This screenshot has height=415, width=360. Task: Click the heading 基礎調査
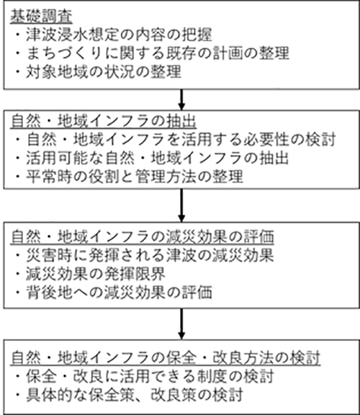(41, 17)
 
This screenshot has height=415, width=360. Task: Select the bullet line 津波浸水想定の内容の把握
(114, 35)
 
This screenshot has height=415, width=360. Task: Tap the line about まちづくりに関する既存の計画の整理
(153, 53)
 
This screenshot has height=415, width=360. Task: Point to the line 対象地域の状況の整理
(99, 71)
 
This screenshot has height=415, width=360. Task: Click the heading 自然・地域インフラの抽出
(104, 122)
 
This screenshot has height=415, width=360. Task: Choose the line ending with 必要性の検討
(176, 140)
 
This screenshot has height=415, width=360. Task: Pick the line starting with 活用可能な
(152, 158)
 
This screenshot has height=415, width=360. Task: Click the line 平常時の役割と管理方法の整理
(129, 177)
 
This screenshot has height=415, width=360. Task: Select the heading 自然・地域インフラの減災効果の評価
(143, 236)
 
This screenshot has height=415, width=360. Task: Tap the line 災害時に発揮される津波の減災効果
(145, 255)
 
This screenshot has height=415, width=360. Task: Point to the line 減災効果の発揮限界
(91, 274)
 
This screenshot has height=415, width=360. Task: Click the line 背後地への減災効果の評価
(114, 293)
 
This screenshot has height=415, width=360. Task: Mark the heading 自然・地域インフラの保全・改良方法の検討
(166, 358)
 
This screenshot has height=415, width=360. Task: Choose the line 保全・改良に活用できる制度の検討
(145, 376)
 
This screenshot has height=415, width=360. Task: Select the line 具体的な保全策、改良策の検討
(129, 395)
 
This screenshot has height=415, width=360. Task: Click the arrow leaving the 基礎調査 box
(181, 99)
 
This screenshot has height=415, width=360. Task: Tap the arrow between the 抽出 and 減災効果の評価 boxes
(181, 205)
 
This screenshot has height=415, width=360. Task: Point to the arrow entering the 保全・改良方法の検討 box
(181, 324)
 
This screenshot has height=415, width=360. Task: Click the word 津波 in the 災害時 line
(181, 255)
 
